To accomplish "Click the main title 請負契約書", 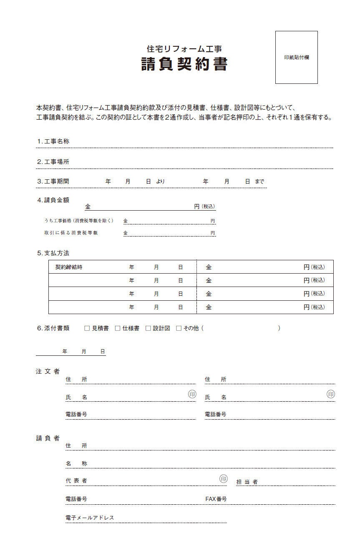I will (x=184, y=65).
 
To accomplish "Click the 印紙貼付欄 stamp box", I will (x=296, y=57).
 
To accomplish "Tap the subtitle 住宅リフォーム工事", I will (x=184, y=49).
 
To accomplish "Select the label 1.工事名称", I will (x=53, y=141).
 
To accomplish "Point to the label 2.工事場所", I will (x=53, y=162).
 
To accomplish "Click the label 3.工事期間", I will (x=53, y=181).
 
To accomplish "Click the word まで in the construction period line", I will (x=259, y=181).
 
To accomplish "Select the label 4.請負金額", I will (x=53, y=200).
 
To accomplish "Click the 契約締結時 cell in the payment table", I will (x=69, y=267).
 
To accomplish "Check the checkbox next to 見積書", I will (x=87, y=328).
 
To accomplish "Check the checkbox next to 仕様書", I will (x=118, y=328).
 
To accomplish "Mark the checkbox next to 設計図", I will (x=148, y=328).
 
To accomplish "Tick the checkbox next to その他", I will (x=179, y=328).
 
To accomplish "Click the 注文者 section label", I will (x=48, y=371).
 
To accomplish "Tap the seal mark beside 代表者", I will (x=224, y=478).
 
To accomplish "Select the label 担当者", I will (x=247, y=482).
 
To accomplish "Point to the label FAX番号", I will (x=216, y=499).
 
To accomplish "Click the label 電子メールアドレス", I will (x=90, y=518).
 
